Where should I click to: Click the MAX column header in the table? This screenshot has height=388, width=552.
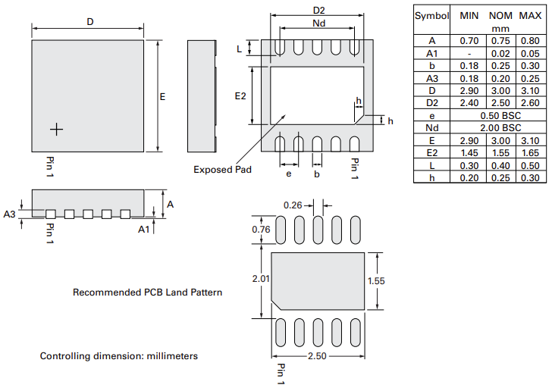pyautogui.click(x=529, y=16)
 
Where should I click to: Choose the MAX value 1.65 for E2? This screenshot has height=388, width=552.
pyautogui.click(x=529, y=152)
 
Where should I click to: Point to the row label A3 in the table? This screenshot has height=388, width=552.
pyautogui.click(x=431, y=78)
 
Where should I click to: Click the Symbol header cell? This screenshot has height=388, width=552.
pyautogui.click(x=431, y=16)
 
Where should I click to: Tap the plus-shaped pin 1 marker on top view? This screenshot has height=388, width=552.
pyautogui.click(x=56, y=130)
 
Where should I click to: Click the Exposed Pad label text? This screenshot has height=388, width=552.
pyautogui.click(x=222, y=169)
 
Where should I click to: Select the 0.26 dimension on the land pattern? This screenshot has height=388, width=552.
pyautogui.click(x=293, y=205)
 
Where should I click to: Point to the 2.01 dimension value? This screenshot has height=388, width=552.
pyautogui.click(x=262, y=279)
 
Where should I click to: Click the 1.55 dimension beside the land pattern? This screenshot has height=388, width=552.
pyautogui.click(x=378, y=280)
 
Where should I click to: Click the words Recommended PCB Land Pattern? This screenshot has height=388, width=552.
pyautogui.click(x=147, y=292)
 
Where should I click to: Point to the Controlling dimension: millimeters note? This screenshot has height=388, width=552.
pyautogui.click(x=118, y=355)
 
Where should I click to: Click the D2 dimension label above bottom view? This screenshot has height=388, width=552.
pyautogui.click(x=318, y=10)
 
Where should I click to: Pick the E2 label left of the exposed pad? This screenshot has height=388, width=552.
pyautogui.click(x=240, y=96)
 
